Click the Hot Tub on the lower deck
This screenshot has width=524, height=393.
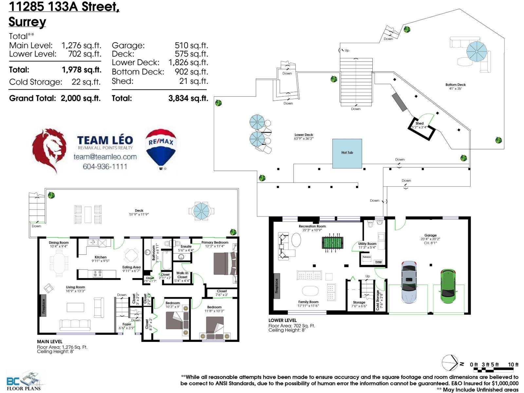point(347,153)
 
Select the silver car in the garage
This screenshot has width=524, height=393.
point(409,281)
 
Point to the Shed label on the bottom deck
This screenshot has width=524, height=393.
point(420,123)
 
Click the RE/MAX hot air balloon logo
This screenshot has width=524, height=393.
point(161,148)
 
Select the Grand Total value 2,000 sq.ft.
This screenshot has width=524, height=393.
point(81,98)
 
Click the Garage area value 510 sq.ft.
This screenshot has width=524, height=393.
point(191,46)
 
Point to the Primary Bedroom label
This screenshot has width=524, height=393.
point(215,242)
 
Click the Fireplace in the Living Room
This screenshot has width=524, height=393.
point(43,305)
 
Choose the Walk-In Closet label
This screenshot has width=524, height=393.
point(182,275)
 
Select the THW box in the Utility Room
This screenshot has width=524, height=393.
point(378,262)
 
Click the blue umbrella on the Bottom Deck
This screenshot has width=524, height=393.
point(476,51)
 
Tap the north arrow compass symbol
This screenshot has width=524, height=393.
point(450,363)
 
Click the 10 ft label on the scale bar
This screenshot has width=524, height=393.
point(513,365)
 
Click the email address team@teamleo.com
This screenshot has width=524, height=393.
point(105,157)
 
